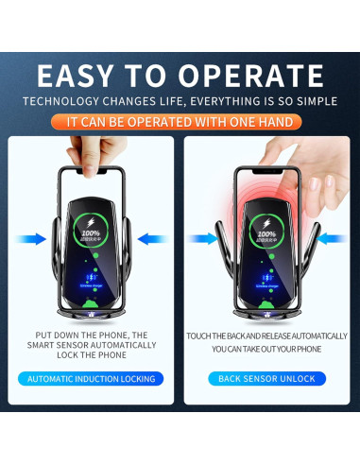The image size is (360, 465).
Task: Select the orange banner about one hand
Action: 180,122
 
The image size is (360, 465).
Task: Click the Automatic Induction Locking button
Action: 91,379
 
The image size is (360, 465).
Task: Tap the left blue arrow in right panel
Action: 205,239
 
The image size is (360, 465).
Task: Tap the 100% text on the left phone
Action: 90,232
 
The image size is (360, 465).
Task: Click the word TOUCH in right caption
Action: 199,336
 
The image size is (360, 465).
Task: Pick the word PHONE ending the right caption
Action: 306,348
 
